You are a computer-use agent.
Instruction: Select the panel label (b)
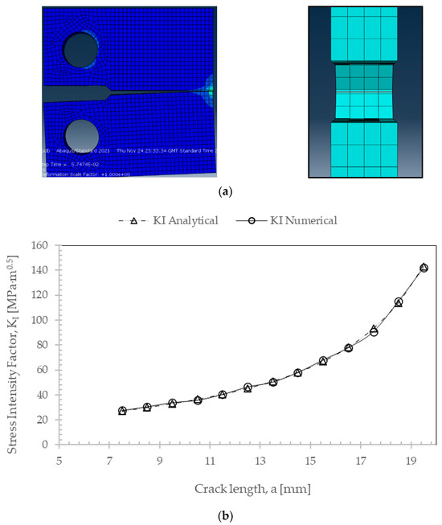tap(221, 515)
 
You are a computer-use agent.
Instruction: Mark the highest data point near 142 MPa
tap(424, 268)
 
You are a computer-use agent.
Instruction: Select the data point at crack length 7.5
tap(122, 411)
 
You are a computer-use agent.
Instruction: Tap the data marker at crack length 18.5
tap(399, 302)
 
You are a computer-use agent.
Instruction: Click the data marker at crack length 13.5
tap(273, 382)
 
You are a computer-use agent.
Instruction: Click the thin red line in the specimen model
tap(365, 92)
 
